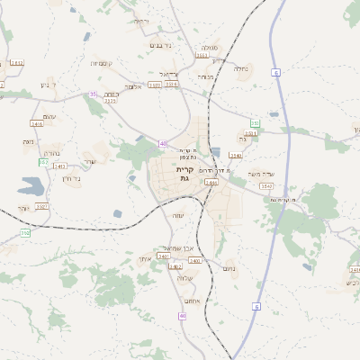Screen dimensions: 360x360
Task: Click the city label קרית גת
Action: pos(184,174)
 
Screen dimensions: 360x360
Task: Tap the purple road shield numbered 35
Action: pos(93,94)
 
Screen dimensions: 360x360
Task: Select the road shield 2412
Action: pos(16,63)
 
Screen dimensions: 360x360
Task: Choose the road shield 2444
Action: pos(211,182)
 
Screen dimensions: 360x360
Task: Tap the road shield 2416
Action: pos(37,123)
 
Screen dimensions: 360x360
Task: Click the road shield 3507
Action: pos(41,206)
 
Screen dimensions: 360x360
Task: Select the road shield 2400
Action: pos(194,260)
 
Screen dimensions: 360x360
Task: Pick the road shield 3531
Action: pos(202,56)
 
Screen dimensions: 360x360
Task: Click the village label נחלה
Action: pos(240,68)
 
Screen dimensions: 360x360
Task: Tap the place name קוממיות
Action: pos(101,64)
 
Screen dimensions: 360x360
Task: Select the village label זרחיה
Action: pos(141,21)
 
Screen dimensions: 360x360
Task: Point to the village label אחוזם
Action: pos(191,300)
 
